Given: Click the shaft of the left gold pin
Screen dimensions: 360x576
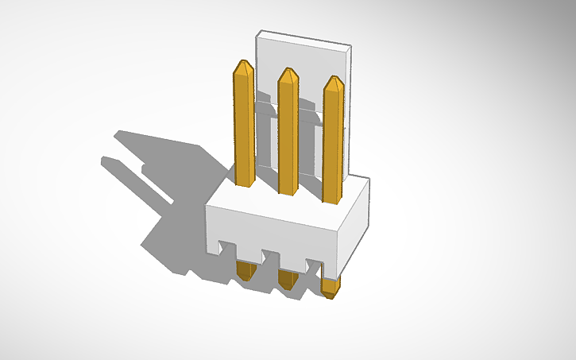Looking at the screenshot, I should pyautogui.click(x=245, y=127).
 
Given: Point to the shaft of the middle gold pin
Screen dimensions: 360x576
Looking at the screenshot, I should pyautogui.click(x=288, y=135).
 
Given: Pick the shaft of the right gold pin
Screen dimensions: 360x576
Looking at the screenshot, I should pyautogui.click(x=334, y=143).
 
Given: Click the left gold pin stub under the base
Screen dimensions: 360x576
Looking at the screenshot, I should pyautogui.click(x=246, y=272).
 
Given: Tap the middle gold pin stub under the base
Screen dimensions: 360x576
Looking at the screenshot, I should pyautogui.click(x=288, y=277).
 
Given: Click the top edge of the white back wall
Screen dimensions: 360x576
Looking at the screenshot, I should pyautogui.click(x=303, y=39).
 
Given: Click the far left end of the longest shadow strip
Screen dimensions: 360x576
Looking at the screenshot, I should pyautogui.click(x=104, y=161).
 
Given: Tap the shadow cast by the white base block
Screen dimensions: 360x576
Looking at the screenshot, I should pyautogui.click(x=171, y=238).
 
